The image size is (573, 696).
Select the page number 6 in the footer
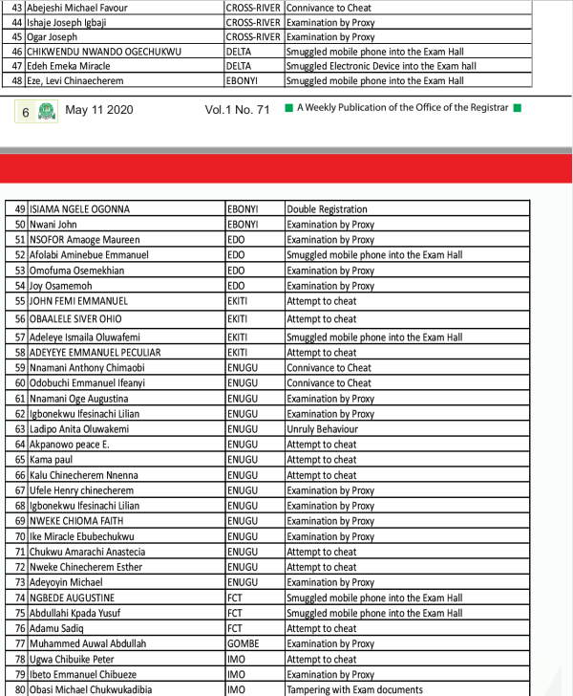pyautogui.click(x=26, y=112)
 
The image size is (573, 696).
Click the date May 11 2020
pyautogui.click(x=99, y=110)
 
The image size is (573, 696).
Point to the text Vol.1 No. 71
pyautogui.click(x=237, y=110)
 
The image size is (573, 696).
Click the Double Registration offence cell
pyautogui.click(x=327, y=208)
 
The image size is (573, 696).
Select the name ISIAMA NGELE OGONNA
pyautogui.click(x=80, y=208)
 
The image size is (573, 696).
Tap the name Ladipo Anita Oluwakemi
pyautogui.click(x=79, y=429)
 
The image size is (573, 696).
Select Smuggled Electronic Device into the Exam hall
pyautogui.click(x=381, y=67)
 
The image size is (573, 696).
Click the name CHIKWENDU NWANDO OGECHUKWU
pyautogui.click(x=105, y=52)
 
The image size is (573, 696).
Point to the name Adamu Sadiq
pyautogui.click(x=56, y=629)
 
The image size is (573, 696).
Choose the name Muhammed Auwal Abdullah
pyautogui.click(x=88, y=644)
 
